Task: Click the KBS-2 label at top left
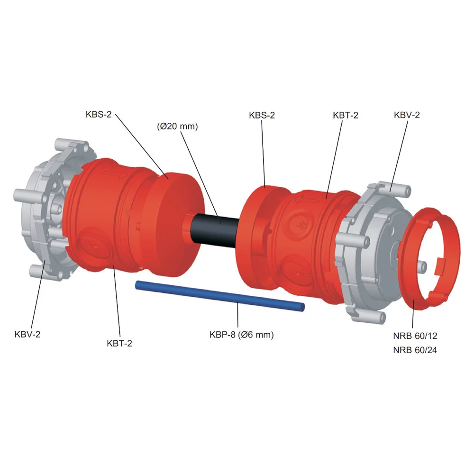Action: [99, 114]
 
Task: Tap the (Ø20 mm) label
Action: [177, 126]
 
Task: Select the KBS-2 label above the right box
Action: [262, 115]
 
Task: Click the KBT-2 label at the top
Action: [346, 115]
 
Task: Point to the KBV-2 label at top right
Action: [407, 115]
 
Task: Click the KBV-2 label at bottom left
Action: [27, 334]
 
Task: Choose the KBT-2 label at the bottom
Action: [119, 343]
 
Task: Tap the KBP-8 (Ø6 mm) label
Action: [242, 335]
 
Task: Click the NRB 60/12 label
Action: [415, 336]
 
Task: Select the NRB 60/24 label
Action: [415, 350]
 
